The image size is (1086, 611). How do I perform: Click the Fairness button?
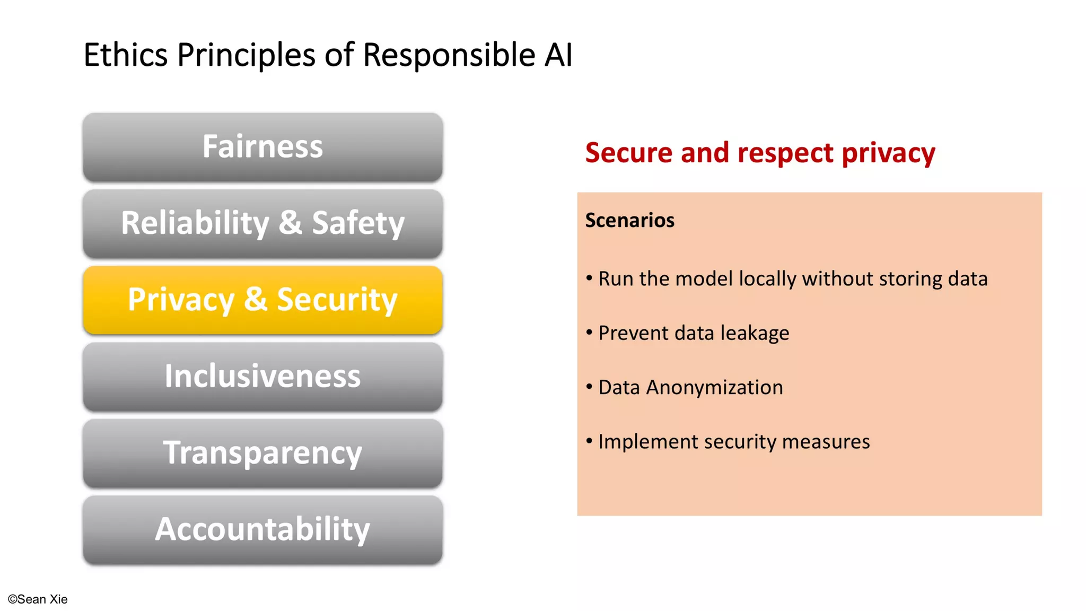tap(262, 147)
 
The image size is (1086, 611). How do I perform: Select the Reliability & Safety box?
tap(262, 223)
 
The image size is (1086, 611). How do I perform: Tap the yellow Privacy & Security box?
tap(262, 300)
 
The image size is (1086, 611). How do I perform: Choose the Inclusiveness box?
tap(262, 377)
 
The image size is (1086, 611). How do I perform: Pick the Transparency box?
tap(262, 453)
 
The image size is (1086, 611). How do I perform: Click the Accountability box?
tap(262, 530)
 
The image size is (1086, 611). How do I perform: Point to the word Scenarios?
tap(629, 220)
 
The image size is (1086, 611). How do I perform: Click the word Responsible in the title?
tap(449, 55)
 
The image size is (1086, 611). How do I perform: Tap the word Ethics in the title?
tap(126, 55)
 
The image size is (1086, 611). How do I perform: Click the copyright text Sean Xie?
tap(38, 599)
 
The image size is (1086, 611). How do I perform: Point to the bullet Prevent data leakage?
tap(693, 334)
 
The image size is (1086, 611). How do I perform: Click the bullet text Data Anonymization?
tap(690, 388)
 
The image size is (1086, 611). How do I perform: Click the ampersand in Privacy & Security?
tap(256, 300)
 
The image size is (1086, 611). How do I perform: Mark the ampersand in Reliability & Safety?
tap(291, 223)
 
